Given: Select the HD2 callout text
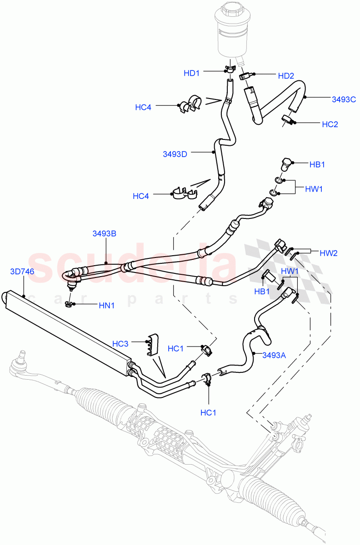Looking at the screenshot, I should tap(286, 76).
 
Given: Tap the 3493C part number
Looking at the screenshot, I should tap(344, 99).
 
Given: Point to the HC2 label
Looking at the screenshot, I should tap(330, 124).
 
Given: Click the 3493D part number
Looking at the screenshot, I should tap(175, 154).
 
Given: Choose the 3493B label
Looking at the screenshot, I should tap(105, 233).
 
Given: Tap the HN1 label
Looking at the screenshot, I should tap(106, 306).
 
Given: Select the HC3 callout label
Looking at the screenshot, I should tap(120, 344).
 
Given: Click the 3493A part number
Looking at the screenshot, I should tap(274, 356).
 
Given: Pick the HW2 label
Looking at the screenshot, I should tap(328, 253).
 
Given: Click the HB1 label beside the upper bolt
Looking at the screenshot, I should tap(317, 164).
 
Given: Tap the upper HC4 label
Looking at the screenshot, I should tap(143, 107).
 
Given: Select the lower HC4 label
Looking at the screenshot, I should tap(141, 196).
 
